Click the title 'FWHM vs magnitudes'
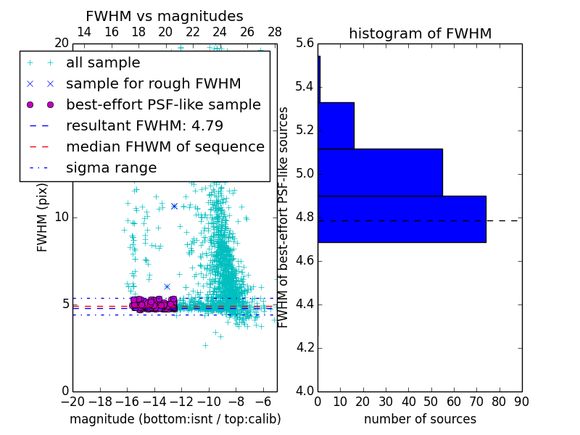(x=165, y=16)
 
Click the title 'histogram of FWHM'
(x=420, y=33)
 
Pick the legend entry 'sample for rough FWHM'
(x=153, y=83)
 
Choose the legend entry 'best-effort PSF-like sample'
(x=163, y=104)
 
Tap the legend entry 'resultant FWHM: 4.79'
(x=144, y=125)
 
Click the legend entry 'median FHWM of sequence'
(x=165, y=146)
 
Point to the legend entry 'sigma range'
(x=111, y=167)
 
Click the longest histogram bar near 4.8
(x=402, y=219)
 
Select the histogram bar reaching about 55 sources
(x=380, y=172)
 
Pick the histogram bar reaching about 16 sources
(x=336, y=125)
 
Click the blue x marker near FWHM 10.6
(x=174, y=206)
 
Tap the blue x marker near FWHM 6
(x=167, y=286)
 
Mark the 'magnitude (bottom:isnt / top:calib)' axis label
(x=175, y=419)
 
